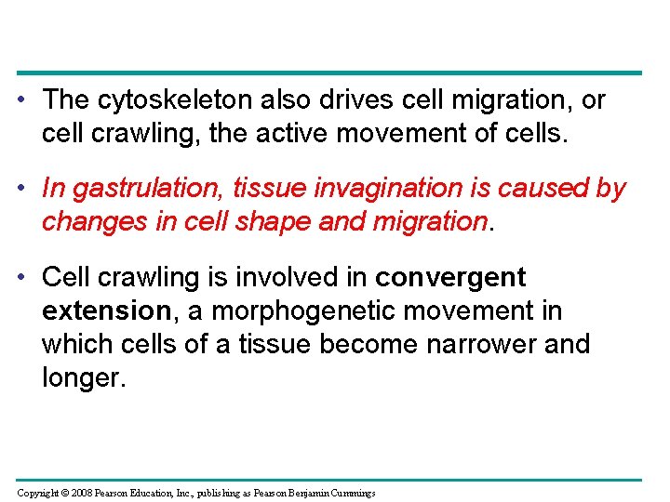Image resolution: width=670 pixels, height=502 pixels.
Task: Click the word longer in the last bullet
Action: (83, 377)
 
